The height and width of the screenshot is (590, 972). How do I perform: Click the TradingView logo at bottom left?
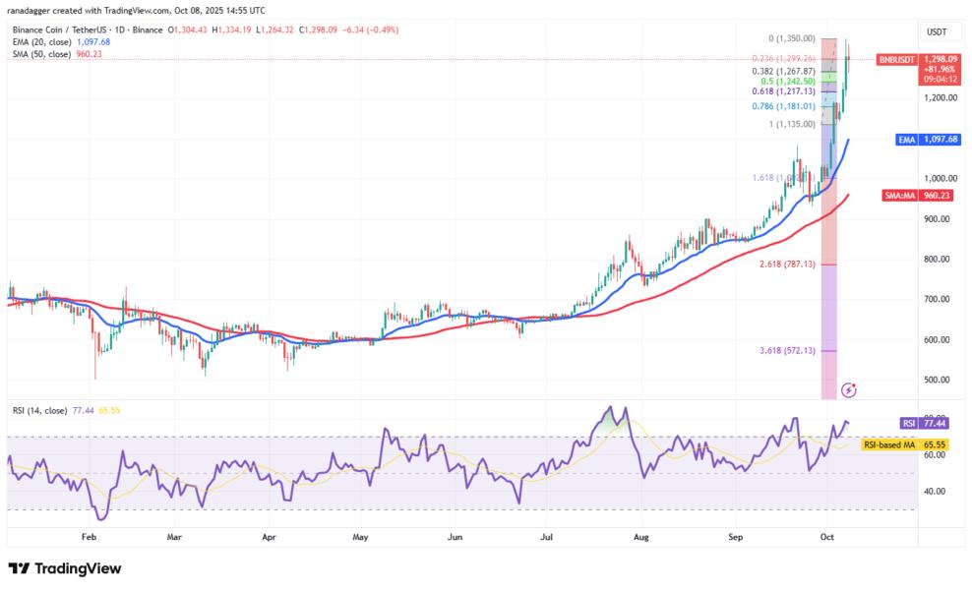pyautogui.click(x=65, y=568)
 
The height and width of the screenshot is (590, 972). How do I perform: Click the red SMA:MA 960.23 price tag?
pyautogui.click(x=914, y=195)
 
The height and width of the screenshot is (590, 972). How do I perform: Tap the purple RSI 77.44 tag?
pyautogui.click(x=924, y=423)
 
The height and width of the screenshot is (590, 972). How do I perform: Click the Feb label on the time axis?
pyautogui.click(x=89, y=538)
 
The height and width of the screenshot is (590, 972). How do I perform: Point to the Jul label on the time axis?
pyautogui.click(x=545, y=538)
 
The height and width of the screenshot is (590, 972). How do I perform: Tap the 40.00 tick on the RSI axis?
pyautogui.click(x=936, y=491)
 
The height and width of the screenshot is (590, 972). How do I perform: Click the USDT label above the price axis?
pyautogui.click(x=936, y=32)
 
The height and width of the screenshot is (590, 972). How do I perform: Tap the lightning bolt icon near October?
pyautogui.click(x=849, y=389)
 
